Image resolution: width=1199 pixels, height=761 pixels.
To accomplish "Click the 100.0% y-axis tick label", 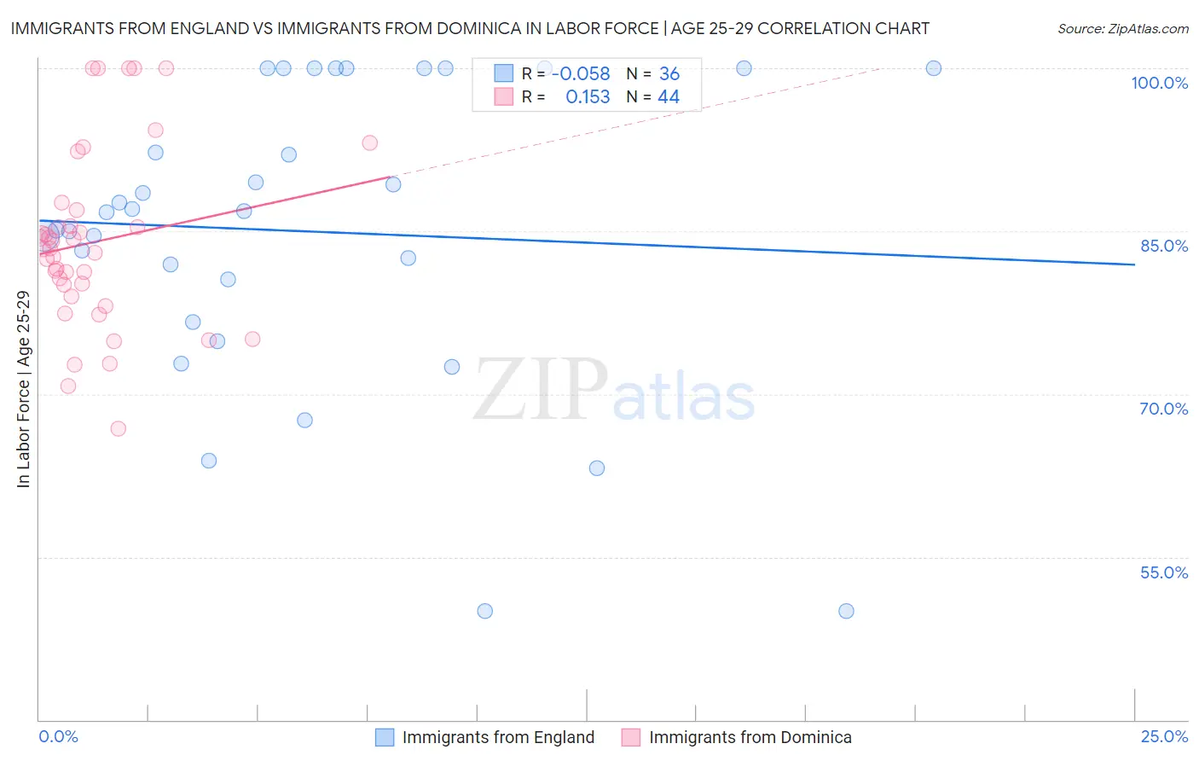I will tap(1159, 83).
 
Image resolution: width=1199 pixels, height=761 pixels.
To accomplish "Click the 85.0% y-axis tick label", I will tap(1164, 246).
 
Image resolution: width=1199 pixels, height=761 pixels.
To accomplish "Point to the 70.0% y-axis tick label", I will tap(1163, 409).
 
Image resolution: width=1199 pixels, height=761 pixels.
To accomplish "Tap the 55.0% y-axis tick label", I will tap(1163, 572).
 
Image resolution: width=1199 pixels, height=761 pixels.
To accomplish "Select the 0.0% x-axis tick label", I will tap(58, 736).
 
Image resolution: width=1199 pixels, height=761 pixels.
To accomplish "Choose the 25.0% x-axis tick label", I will tap(1164, 736).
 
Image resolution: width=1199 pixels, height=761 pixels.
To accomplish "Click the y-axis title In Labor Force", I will tap(23, 389).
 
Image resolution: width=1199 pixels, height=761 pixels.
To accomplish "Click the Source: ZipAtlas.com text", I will tap(1122, 28).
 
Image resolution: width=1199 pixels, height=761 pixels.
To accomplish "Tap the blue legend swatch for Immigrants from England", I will tap(385, 737).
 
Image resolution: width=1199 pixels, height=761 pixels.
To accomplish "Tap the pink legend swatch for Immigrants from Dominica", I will tap(631, 737).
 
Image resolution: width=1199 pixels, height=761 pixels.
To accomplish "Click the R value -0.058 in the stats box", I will tap(581, 73).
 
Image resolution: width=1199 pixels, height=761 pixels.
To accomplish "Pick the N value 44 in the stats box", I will tap(669, 96).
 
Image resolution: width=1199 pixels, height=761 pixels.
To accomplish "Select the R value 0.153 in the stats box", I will tap(588, 96).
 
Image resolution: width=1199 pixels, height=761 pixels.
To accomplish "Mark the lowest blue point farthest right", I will tap(846, 611).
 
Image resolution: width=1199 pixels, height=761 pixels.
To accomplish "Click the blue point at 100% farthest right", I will tap(934, 68).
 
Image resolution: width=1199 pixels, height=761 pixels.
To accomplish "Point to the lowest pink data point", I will tap(119, 428).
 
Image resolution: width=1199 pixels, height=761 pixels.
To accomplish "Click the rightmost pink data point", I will tap(369, 142).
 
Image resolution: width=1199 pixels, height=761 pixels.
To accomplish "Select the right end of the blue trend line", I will tap(1134, 264).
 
